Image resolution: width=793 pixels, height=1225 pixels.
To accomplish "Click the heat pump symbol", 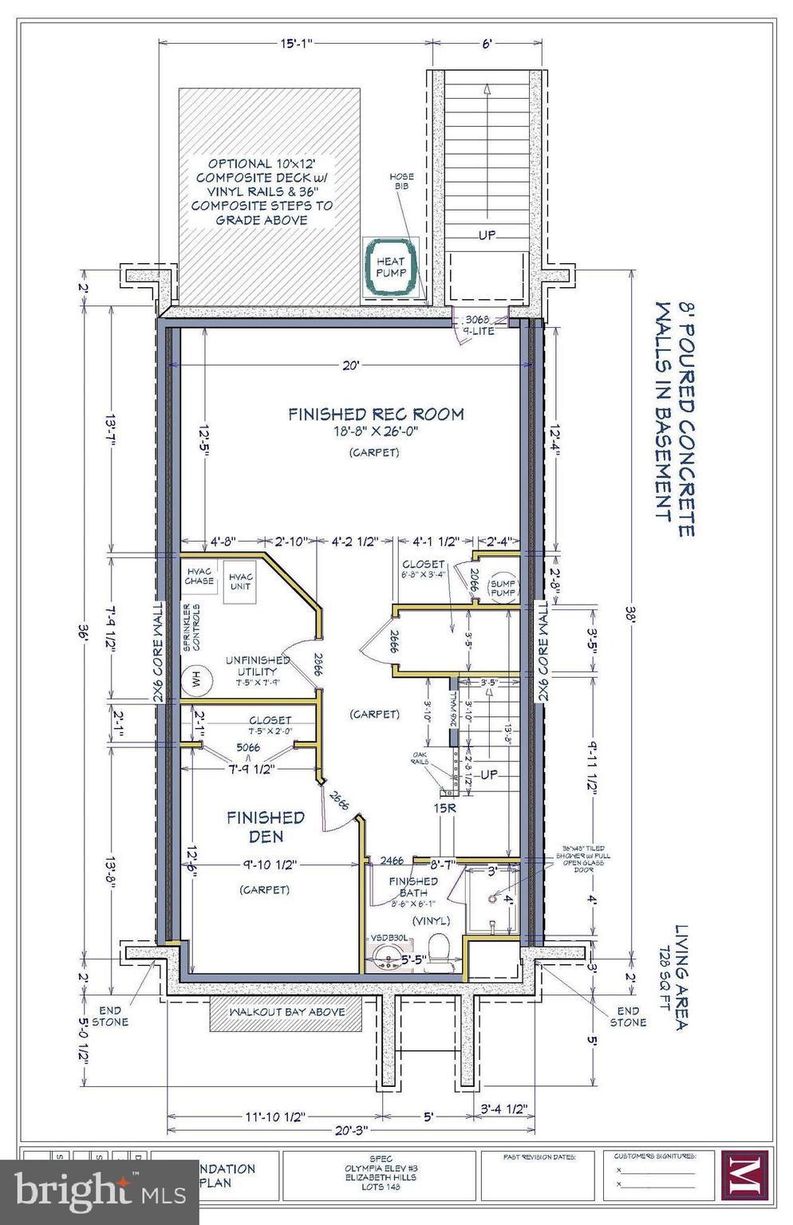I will (x=391, y=267).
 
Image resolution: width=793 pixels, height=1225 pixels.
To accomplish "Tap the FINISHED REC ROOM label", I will (x=375, y=414).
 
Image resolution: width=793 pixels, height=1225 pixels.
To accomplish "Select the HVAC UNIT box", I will (x=240, y=581).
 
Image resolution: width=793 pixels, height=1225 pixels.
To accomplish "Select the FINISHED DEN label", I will (x=266, y=827).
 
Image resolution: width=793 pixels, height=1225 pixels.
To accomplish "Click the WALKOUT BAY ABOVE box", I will (x=286, y=1012).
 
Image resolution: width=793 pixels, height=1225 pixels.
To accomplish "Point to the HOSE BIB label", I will (x=400, y=181).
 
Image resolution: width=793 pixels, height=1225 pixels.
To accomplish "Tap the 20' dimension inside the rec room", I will (x=352, y=365).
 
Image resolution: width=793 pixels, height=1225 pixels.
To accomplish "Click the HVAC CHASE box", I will (x=199, y=576).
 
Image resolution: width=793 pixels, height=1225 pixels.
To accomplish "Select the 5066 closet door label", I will (x=247, y=748).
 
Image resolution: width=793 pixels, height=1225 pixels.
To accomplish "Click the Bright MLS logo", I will (x=80, y=1191).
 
